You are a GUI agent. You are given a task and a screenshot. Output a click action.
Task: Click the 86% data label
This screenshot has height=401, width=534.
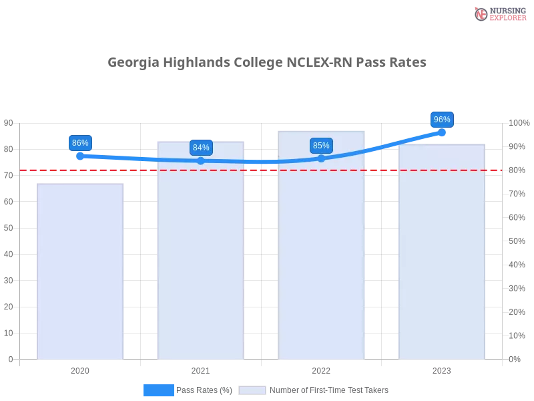[80, 143]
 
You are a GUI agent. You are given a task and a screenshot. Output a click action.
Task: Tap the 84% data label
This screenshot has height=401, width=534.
[201, 148]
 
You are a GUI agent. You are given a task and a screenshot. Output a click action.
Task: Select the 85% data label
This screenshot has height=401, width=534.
[321, 146]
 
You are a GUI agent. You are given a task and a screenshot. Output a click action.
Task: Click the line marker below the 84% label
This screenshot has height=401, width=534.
[201, 160]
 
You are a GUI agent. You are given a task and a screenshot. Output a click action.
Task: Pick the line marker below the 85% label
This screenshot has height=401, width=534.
[321, 158]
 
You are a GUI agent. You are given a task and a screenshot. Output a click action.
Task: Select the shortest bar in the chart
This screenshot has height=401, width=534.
[80, 271]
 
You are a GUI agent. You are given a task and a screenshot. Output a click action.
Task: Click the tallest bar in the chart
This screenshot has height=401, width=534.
[323, 245]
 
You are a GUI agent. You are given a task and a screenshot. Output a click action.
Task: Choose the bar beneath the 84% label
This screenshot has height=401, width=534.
[200, 251]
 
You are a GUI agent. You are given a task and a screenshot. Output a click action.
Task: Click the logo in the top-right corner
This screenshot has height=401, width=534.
[499, 13]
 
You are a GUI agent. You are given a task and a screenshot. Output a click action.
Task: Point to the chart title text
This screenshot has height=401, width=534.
[267, 63]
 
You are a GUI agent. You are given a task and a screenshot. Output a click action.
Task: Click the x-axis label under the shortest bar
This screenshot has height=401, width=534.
[80, 370]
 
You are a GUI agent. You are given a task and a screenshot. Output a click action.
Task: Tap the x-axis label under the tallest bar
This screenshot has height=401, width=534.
[321, 370]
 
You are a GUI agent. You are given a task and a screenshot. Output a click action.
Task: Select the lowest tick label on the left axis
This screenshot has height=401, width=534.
[10, 359]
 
